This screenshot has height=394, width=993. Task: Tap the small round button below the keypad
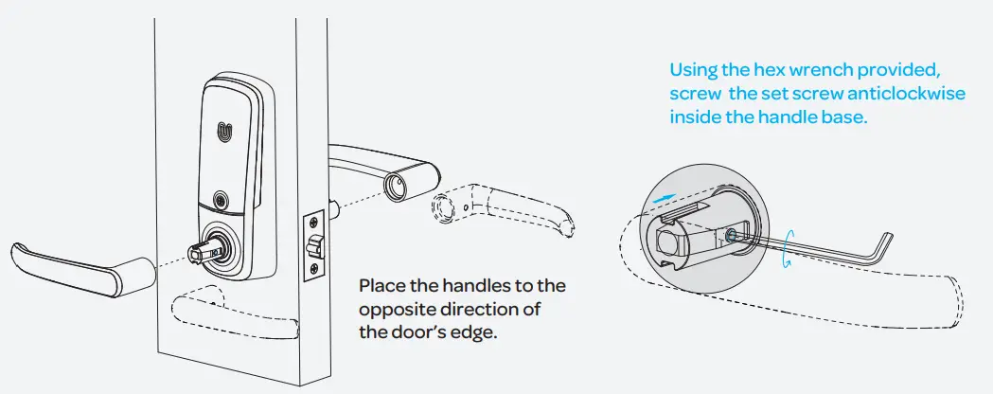pyautogui.click(x=222, y=200)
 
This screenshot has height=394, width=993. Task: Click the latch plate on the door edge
pyautogui.click(x=310, y=245)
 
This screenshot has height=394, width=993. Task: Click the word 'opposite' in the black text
pyautogui.click(x=393, y=311)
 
